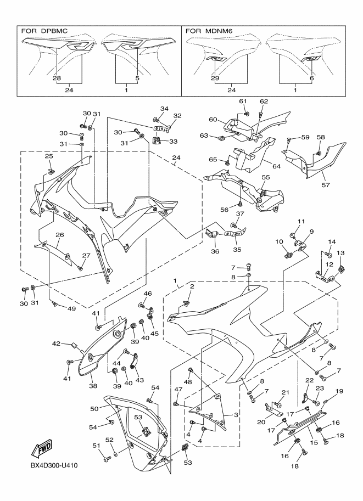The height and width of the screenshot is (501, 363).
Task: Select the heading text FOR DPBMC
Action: pos(44,31)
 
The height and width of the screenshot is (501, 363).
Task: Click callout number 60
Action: pos(212,119)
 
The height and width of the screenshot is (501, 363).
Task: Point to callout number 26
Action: pos(59,235)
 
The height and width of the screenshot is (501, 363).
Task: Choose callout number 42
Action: pos(56,344)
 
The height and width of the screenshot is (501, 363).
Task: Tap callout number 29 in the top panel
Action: pos(214,78)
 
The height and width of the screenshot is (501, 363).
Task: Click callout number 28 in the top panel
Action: pos(57,78)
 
